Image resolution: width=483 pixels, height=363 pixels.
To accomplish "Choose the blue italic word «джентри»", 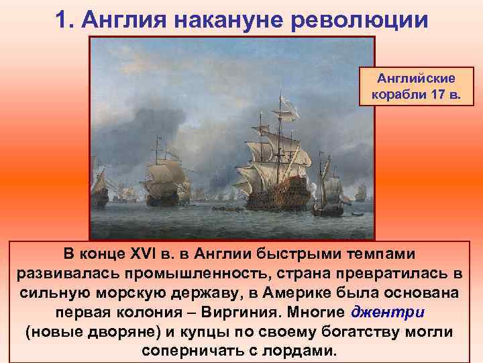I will point(388,313).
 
